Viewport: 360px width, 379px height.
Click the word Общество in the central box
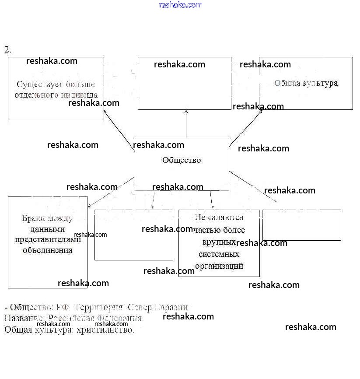pyautogui.click(x=182, y=160)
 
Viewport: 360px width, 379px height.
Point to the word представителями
pyautogui.click(x=48, y=239)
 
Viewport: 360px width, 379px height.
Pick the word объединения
pyautogui.click(x=48, y=250)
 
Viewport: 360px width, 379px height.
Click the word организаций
pyautogui.click(x=219, y=266)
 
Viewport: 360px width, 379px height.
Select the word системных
pyautogui.click(x=219, y=254)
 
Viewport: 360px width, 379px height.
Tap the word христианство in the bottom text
pyautogui.click(x=105, y=330)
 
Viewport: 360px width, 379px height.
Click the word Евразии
pyautogui.click(x=172, y=308)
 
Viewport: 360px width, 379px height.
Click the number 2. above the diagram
pyautogui.click(x=8, y=49)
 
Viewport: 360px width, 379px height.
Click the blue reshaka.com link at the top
pyautogui.click(x=181, y=5)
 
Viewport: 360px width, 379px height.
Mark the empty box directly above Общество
pyautogui.click(x=184, y=83)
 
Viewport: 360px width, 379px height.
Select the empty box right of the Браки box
pyautogui.click(x=134, y=235)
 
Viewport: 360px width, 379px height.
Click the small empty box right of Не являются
pyautogui.click(x=301, y=225)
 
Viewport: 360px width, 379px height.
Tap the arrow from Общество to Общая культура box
pyautogui.click(x=246, y=128)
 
